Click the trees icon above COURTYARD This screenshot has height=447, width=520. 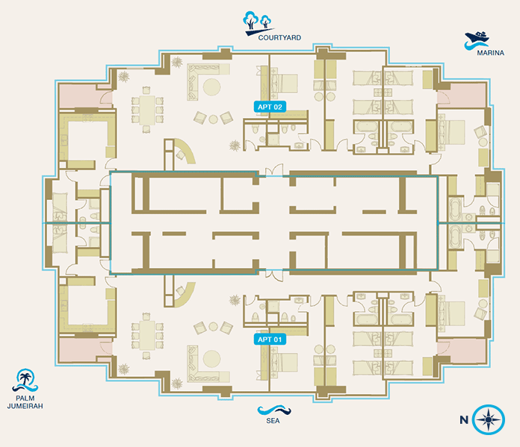tap(259, 21)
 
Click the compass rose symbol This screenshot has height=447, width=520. tap(489, 420)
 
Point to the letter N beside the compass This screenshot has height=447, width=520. tap(464, 420)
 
